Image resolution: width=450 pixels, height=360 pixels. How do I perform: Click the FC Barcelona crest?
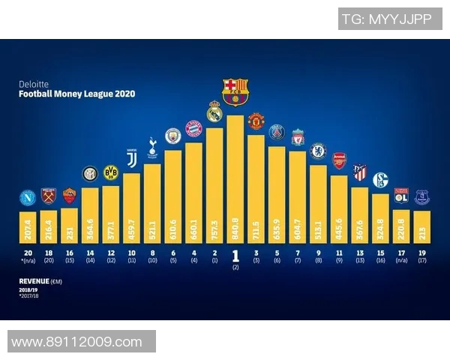pos(235,91)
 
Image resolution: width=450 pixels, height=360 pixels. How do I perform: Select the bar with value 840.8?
pos(235,180)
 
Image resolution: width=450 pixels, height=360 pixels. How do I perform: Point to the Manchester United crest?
pos(256,121)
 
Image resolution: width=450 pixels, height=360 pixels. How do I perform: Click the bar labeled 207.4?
pos(28,224)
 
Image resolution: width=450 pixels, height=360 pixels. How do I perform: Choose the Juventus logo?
pos(132,160)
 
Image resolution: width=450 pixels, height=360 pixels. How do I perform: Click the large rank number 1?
pos(235,255)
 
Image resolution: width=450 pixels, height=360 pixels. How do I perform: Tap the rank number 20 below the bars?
pos(28,253)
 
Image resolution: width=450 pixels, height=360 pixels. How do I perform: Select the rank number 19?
pos(421,253)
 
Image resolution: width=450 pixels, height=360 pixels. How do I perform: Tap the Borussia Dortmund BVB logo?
pos(111,173)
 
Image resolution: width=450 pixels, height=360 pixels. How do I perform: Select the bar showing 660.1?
pos(194,191)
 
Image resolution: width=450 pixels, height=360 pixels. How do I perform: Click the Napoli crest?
pos(28,199)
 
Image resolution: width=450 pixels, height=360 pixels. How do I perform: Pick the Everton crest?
pos(421,197)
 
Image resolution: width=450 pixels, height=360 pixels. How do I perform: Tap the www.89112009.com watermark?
pos(77,342)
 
